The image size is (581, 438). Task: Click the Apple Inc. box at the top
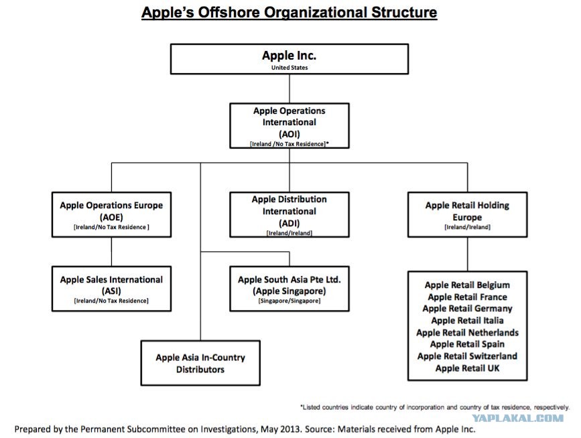[x=289, y=59]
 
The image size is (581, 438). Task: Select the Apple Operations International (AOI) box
[x=289, y=126]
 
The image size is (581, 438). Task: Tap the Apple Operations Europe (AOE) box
[x=111, y=215]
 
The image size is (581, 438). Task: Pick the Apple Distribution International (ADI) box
[x=289, y=215]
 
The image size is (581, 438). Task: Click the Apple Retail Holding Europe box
[x=467, y=215]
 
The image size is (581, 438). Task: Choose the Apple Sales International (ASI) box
[x=111, y=289]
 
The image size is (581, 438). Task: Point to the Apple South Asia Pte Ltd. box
[x=289, y=289]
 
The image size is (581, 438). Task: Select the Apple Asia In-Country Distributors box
[x=200, y=363]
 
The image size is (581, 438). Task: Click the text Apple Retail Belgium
[x=467, y=285]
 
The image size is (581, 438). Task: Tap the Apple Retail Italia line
[x=467, y=321]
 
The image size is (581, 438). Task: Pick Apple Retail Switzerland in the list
[x=467, y=356]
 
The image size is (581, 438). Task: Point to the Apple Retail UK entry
[x=467, y=368]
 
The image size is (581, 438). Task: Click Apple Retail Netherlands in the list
[x=467, y=332]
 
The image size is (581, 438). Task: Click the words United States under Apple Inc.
[x=289, y=68]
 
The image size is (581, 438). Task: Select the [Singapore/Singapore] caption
[x=289, y=301]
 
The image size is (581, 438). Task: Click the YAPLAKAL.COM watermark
[x=517, y=419]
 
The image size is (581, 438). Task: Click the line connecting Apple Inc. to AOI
[x=289, y=89]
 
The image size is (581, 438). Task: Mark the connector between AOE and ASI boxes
[x=111, y=252]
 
